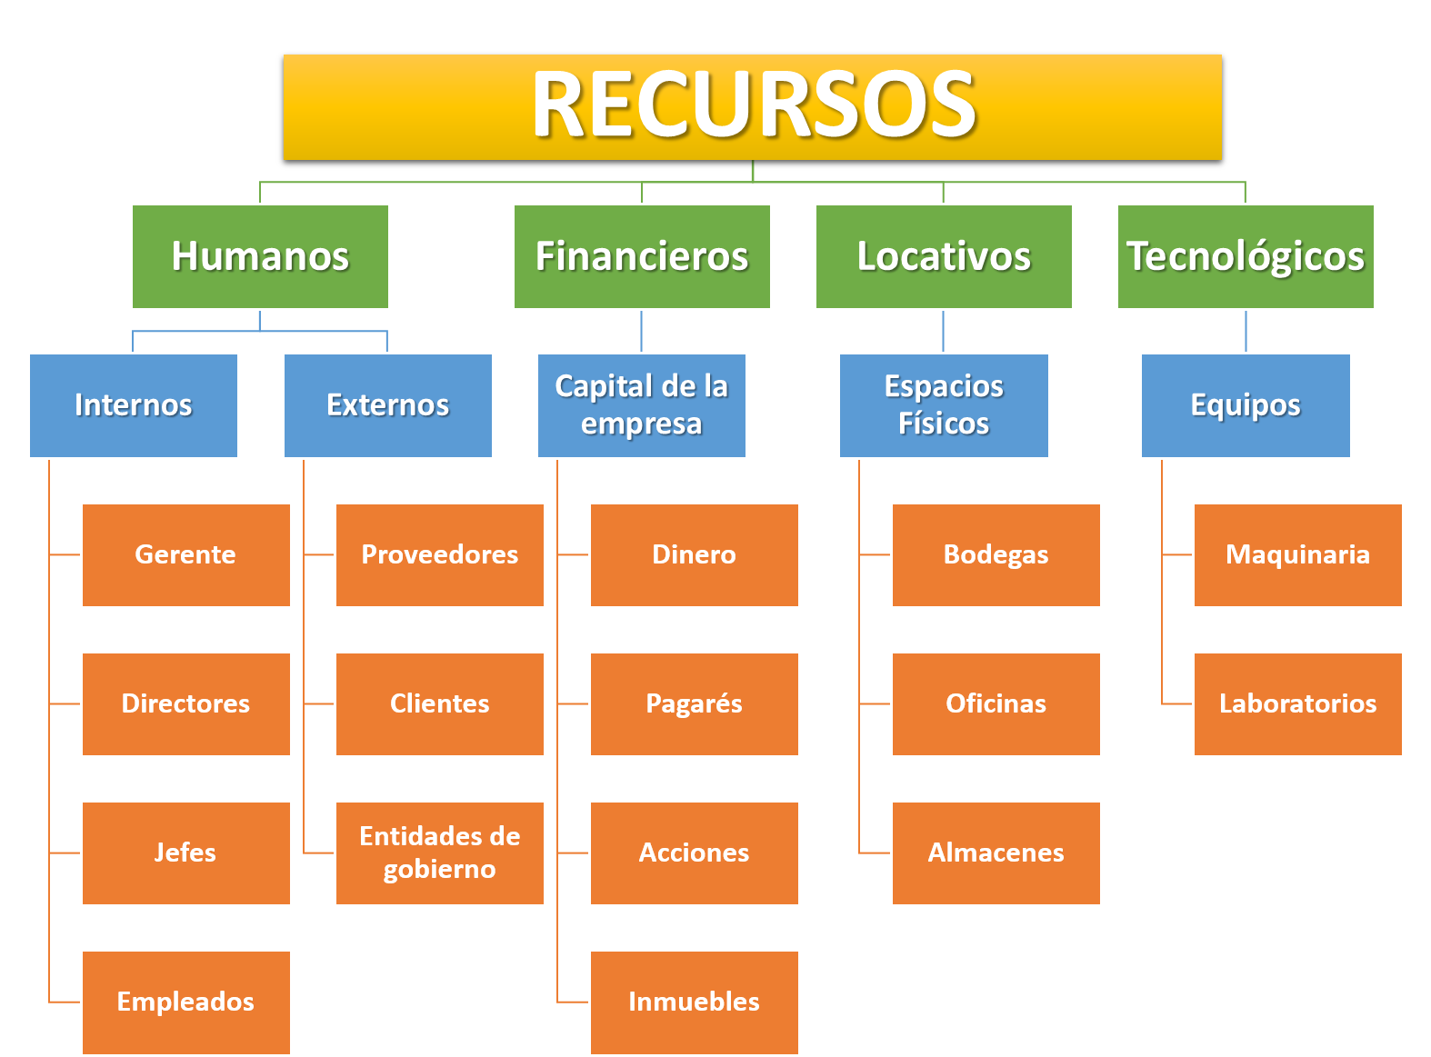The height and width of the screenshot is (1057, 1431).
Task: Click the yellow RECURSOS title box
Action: [x=752, y=107]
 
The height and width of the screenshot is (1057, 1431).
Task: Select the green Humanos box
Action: [x=260, y=256]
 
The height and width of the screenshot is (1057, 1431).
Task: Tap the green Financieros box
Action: [x=642, y=256]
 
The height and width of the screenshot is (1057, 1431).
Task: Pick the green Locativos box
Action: [x=944, y=256]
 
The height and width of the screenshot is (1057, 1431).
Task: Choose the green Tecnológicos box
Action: [x=1246, y=256]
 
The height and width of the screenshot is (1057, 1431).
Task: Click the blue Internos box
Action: [x=134, y=405]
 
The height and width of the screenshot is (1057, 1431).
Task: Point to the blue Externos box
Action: [x=388, y=405]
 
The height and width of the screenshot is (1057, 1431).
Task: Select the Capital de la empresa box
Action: [x=642, y=405]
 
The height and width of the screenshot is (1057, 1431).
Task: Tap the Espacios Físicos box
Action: [x=944, y=405]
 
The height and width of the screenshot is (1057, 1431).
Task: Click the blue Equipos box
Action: [x=1246, y=405]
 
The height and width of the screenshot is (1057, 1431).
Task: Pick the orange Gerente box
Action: [x=185, y=554]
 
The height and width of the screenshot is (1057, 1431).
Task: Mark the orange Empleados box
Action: [x=185, y=1002]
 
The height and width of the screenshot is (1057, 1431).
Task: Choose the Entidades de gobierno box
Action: [x=440, y=853]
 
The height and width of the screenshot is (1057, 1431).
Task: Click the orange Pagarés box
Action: [x=695, y=703]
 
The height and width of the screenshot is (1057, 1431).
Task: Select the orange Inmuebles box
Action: [x=695, y=1002]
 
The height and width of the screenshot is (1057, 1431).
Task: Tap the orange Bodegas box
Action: [x=996, y=554]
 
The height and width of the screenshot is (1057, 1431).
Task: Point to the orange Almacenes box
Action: [x=996, y=853]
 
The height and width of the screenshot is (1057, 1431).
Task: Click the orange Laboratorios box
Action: [x=1298, y=703]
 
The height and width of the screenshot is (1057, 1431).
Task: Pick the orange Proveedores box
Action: [x=440, y=554]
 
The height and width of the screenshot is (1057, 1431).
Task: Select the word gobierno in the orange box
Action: [x=440, y=870]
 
